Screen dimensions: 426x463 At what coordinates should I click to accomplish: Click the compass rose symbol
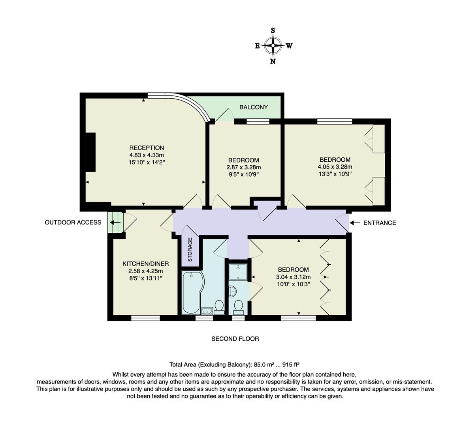[273, 45]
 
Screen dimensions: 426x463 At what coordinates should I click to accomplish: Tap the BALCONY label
[254, 107]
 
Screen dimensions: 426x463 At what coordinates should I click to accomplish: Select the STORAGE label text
[190, 250]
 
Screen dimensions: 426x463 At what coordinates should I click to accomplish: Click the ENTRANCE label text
[379, 223]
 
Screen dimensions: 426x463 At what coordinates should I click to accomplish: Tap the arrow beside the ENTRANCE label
[355, 223]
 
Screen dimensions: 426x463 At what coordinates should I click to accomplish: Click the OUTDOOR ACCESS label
[73, 222]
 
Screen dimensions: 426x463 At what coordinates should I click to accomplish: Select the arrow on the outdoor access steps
[115, 222]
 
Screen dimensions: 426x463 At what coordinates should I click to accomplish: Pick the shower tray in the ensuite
[238, 272]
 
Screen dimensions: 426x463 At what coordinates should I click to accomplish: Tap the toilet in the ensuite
[238, 306]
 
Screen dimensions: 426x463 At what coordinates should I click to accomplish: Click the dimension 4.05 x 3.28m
[335, 166]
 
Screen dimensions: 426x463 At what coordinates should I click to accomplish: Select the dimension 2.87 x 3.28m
[244, 167]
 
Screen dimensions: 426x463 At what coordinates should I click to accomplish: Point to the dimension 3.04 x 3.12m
[293, 277]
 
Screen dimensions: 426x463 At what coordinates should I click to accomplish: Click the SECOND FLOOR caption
[235, 339]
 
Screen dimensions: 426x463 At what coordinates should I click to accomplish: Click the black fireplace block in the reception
[90, 152]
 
